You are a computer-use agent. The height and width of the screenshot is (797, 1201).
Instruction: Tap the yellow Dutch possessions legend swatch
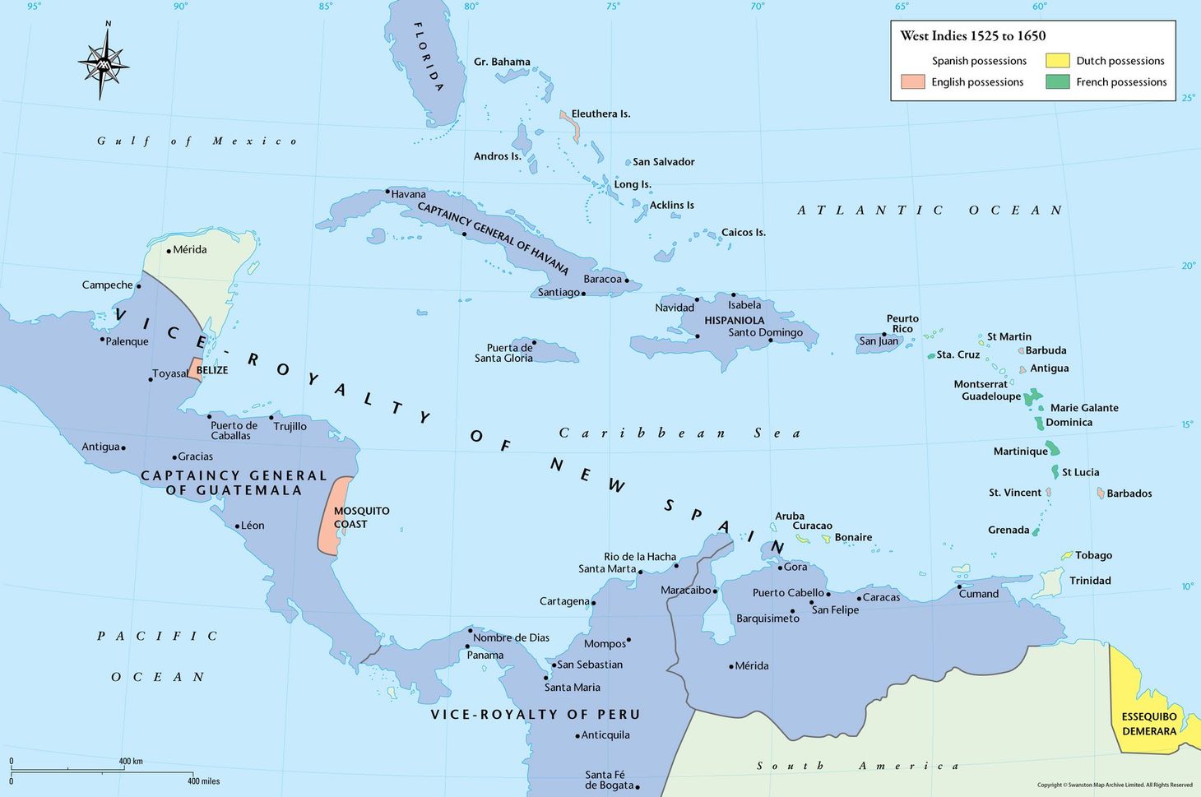pos(1057,61)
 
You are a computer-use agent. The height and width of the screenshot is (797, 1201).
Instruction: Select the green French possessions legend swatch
pos(1057,82)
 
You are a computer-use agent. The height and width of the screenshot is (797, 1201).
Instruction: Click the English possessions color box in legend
pos(913,82)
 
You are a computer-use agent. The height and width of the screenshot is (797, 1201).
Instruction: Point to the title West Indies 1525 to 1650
pos(972,35)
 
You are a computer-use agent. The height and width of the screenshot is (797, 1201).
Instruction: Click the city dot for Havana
pos(387,192)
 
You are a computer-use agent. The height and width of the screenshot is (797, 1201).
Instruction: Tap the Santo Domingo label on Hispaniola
pos(765,332)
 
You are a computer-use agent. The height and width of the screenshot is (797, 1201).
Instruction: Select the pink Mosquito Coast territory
pos(335,517)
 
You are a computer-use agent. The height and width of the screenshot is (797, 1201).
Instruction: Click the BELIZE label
pos(212,370)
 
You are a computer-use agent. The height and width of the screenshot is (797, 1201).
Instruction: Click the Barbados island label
pos(1129,493)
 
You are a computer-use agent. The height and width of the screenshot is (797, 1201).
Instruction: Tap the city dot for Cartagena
pos(593,603)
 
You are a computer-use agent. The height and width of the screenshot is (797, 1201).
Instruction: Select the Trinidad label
pos(1090,581)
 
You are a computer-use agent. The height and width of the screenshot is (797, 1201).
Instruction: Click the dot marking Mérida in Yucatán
pos(169,251)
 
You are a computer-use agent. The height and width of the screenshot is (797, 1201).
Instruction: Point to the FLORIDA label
pos(429,56)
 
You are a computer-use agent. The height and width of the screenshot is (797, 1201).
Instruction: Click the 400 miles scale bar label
pos(203,781)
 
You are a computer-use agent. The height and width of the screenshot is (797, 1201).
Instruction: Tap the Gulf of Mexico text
pos(197,141)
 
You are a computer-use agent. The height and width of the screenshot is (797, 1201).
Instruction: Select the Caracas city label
pos(881,597)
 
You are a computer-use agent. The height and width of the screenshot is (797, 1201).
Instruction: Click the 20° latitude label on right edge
pos(1188,266)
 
